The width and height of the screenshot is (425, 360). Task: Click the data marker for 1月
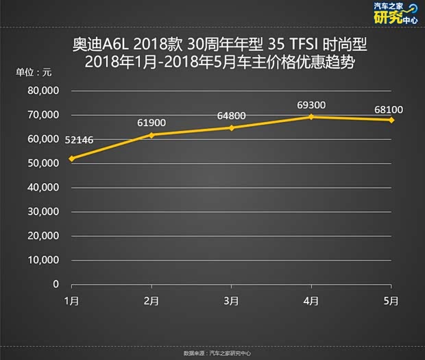[x=72, y=158]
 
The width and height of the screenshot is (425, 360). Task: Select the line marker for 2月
[x=152, y=134]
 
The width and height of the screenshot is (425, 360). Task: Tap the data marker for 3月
[x=232, y=128]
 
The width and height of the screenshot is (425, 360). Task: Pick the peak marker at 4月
[x=312, y=117]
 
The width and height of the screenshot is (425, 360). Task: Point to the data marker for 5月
[x=391, y=120]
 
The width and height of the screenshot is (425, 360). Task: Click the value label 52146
[x=80, y=140]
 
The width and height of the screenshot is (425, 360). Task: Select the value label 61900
[x=152, y=121]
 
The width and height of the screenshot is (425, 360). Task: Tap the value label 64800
[x=232, y=115]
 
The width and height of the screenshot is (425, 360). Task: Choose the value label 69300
[x=311, y=104]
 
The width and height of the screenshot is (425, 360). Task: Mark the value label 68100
[x=389, y=108]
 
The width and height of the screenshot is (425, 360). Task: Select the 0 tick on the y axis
[x=56, y=284]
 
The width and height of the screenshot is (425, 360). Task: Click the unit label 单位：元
[x=34, y=72]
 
